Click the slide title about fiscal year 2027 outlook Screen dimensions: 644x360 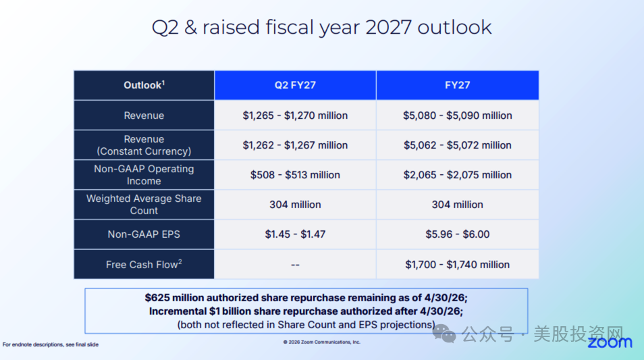321,28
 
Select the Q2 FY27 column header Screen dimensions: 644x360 295,85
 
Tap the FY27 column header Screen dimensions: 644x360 457,85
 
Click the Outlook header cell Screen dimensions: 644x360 144,85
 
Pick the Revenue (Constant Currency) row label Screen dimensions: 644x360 144,145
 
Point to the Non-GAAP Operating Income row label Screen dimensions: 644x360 144,175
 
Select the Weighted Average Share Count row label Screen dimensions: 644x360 144,204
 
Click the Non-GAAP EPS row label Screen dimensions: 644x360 144,234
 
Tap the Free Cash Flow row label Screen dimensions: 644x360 144,264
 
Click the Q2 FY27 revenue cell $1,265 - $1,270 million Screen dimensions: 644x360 295,115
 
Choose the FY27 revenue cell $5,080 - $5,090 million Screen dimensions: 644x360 457,115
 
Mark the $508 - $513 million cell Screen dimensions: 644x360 295,175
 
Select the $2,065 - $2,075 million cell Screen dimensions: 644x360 457,175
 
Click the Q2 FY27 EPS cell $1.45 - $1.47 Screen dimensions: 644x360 295,234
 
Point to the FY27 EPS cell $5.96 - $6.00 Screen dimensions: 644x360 457,234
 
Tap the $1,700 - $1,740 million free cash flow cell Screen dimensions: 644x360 457,264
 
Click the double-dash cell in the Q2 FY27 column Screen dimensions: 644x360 295,264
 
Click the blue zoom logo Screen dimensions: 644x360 610,342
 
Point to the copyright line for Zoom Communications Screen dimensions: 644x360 321,342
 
